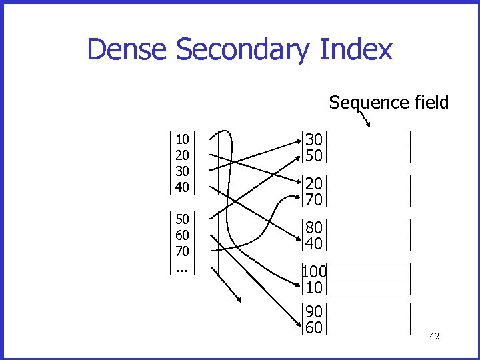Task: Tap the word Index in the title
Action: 357,50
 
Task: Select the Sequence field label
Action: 389,103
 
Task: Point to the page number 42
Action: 434,336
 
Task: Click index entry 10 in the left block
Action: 182,139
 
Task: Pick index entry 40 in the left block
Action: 182,187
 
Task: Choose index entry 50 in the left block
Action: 182,219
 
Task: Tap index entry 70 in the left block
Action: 182,251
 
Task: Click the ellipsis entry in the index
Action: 181,268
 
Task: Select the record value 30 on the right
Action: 314,139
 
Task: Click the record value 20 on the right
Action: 314,184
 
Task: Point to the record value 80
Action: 314,228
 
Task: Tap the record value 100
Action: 314,271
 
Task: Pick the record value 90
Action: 314,311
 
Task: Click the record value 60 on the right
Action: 314,327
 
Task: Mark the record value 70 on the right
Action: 314,199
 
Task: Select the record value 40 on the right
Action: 314,243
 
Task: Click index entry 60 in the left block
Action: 182,235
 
